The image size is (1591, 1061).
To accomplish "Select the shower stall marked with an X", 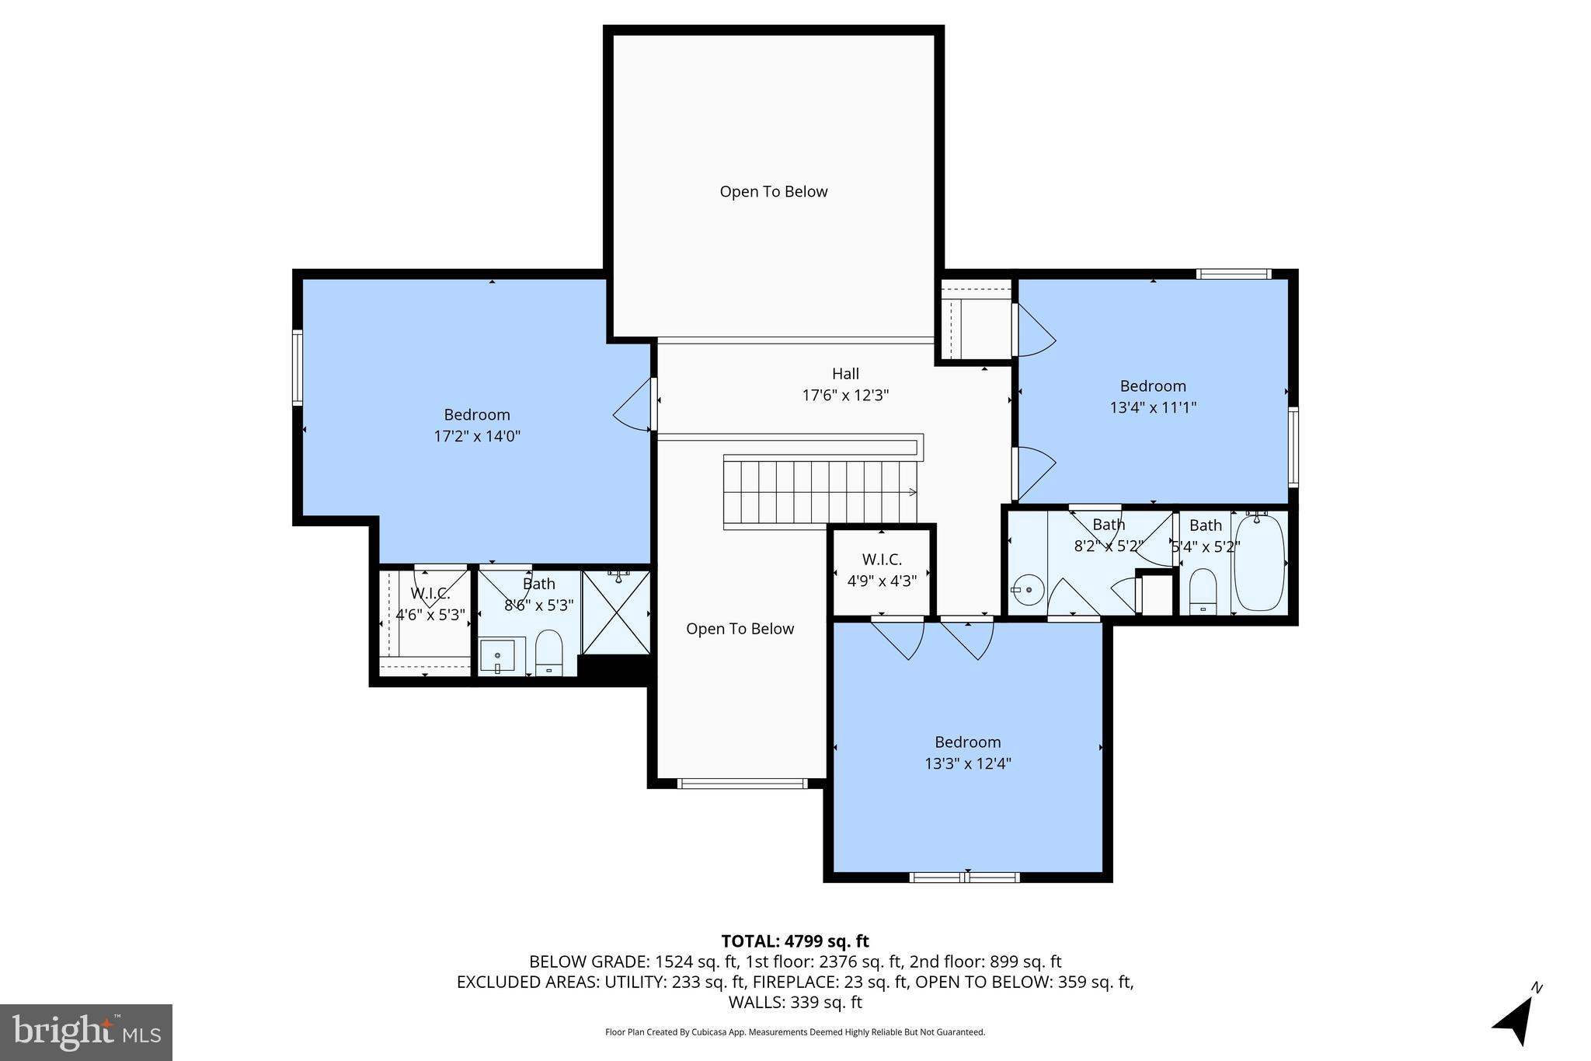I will coord(616,613).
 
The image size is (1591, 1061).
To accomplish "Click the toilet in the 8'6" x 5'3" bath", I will coord(549,653).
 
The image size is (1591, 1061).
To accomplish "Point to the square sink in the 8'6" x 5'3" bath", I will coord(498,656).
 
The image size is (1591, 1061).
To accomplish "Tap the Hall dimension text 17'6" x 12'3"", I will coord(845,396).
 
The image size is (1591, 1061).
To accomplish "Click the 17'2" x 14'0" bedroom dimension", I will coord(477,436).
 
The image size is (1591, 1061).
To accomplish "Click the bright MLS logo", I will coord(86,1032).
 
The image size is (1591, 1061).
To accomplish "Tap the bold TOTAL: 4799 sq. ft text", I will coord(795,941).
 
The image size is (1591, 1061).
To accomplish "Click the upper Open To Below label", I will coord(773,192).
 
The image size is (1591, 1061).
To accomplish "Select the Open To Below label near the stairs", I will coord(740,629).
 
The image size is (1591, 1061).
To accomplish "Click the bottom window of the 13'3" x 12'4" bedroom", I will coord(964,878).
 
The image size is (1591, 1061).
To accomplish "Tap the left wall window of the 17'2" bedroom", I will coord(297,368).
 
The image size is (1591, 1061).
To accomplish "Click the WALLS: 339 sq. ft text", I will coord(795,1002).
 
